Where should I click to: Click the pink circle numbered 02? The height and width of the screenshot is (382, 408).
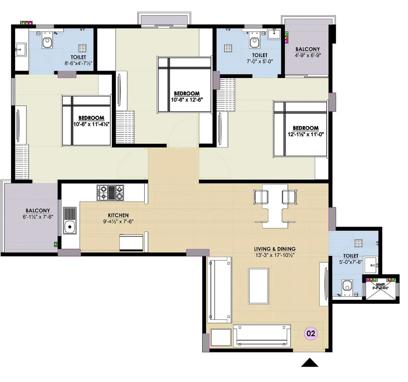coord(311,333)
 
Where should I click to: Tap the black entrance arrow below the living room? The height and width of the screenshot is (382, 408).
coord(310,363)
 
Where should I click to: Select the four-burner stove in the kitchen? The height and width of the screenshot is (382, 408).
coord(110,193)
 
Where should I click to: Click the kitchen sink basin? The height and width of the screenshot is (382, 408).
coord(69,226)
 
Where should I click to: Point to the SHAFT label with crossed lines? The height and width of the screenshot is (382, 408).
coord(380,286)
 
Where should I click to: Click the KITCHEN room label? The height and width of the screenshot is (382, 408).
coord(118,215)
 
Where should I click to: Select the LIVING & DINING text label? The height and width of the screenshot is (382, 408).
coord(275,249)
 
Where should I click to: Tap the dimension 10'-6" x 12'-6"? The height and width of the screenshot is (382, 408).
coord(187,100)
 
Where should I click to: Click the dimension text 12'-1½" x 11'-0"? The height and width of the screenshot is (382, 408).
coord(305,134)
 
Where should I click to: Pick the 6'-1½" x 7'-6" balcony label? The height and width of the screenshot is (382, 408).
coord(38,217)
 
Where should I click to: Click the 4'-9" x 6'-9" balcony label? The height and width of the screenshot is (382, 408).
coord(308,55)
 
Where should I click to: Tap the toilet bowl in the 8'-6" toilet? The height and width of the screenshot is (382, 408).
coord(47,43)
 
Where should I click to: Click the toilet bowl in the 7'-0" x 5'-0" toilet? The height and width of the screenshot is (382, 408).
coord(254,43)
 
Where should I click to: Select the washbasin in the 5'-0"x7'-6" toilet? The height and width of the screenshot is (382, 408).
coord(371,265)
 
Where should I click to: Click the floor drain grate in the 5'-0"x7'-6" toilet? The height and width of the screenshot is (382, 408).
coord(358,243)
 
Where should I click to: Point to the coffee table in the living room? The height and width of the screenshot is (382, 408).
coord(258,286)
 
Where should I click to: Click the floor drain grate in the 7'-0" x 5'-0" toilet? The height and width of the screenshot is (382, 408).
coord(228,48)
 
